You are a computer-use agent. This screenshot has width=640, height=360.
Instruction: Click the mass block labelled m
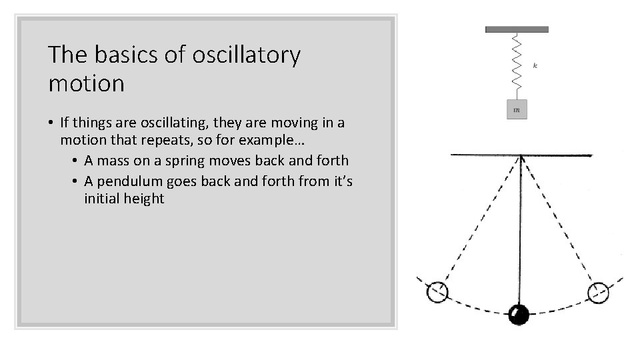pyautogui.click(x=517, y=108)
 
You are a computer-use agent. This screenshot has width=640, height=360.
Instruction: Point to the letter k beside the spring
pyautogui.click(x=535, y=65)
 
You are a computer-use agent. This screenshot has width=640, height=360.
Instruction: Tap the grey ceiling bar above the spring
pyautogui.click(x=517, y=29)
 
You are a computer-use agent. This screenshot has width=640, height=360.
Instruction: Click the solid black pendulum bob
pyautogui.click(x=519, y=314)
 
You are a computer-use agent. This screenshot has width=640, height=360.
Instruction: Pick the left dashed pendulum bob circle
pyautogui.click(x=437, y=291)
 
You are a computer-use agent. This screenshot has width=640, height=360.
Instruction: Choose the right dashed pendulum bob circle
pyautogui.click(x=598, y=291)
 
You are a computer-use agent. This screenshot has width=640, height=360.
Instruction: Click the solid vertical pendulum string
pyautogui.click(x=519, y=233)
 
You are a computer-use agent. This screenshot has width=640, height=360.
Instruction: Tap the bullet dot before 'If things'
pyautogui.click(x=51, y=123)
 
